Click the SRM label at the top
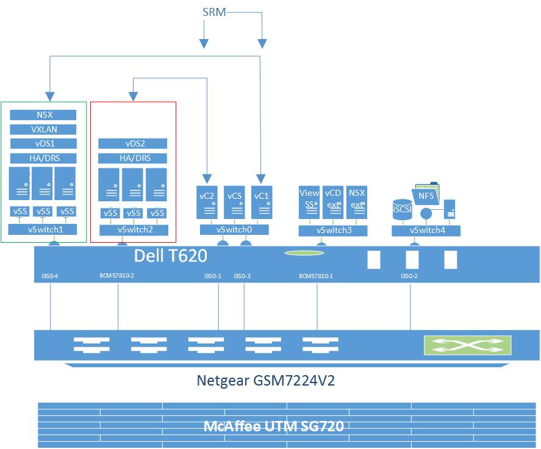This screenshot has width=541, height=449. coord(213,12)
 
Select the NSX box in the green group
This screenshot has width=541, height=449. coord(43,115)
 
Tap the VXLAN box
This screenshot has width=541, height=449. coord(43,129)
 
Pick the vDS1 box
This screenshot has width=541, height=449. coord(43,143)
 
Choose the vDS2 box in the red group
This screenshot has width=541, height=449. coord(132,143)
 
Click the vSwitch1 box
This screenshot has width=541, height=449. coord(43,230)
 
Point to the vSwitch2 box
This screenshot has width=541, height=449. coord(133,230)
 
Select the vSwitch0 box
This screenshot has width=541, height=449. coord(235,230)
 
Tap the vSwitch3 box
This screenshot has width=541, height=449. coord(333,231)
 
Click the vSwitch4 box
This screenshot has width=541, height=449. coord(426,231)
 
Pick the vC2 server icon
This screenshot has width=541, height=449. coord(207,202)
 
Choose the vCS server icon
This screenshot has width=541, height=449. coord(234,202)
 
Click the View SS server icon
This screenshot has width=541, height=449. coord(309,202)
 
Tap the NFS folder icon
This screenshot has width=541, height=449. coord(426,196)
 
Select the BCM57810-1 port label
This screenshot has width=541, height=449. coord(316,276)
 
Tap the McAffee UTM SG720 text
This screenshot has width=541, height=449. coord(273,426)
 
